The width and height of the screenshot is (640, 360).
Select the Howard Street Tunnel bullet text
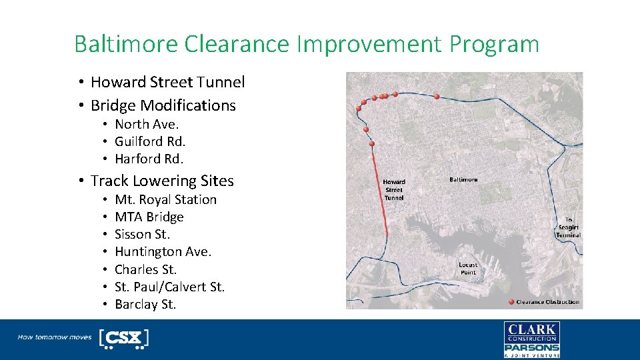tap(167, 82)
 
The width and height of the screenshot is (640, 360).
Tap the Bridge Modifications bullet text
tap(163, 105)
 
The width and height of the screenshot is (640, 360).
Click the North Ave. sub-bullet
tap(147, 124)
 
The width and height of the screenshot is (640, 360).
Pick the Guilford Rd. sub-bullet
tap(150, 141)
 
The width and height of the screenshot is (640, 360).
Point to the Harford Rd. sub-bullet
tap(149, 159)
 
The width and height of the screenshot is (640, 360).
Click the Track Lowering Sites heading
tap(162, 181)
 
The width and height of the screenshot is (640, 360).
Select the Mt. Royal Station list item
tap(165, 199)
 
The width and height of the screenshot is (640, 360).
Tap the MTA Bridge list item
tap(149, 217)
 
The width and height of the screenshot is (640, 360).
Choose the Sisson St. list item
tap(142, 234)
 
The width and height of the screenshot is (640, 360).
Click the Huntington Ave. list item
tap(163, 251)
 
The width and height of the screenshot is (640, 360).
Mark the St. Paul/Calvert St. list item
tap(169, 287)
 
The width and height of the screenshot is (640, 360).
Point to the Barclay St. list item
tap(145, 304)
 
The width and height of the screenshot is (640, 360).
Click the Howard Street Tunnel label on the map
tap(393, 190)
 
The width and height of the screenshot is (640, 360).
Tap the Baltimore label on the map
tap(463, 180)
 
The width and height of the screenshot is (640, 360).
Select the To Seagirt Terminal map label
tap(569, 227)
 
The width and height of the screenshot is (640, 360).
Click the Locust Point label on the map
tap(468, 269)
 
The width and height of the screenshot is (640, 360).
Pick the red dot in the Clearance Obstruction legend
tap(511, 302)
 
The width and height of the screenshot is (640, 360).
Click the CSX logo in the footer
tap(124, 338)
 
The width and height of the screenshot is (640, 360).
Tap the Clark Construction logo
tap(531, 333)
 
